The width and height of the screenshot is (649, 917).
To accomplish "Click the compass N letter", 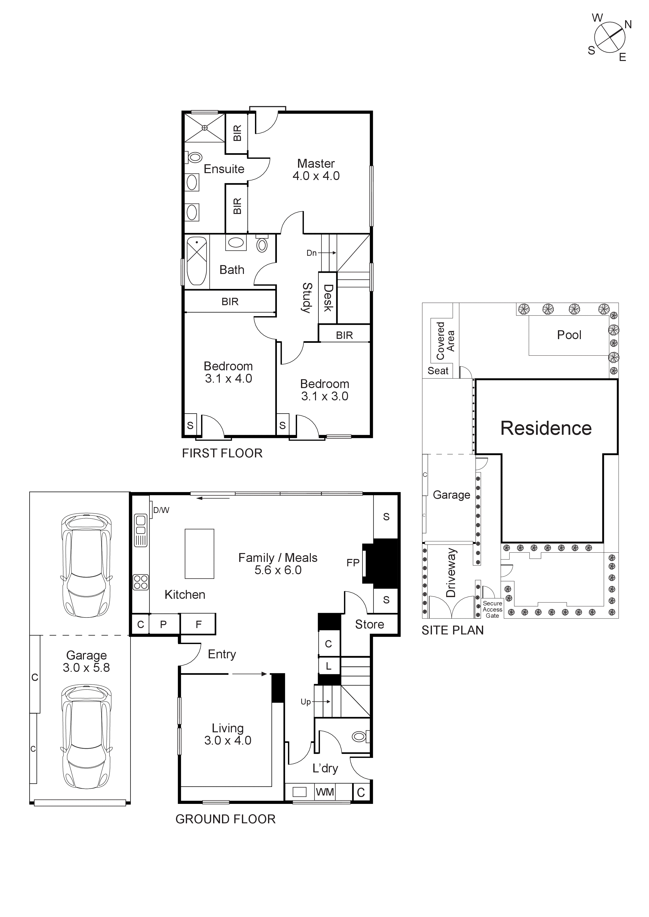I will (628, 25).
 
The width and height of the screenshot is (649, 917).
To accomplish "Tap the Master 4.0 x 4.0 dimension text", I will (316, 176).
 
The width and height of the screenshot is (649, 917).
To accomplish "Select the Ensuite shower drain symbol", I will (205, 128).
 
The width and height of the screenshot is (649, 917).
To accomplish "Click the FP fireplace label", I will (353, 563).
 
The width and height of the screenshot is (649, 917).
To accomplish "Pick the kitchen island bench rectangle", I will (199, 554).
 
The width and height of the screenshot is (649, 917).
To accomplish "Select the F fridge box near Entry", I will (198, 624).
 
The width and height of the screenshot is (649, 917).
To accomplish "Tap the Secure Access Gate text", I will (492, 609).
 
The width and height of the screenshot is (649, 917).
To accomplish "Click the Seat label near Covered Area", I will (438, 371).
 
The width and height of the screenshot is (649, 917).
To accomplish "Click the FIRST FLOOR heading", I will (222, 453).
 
